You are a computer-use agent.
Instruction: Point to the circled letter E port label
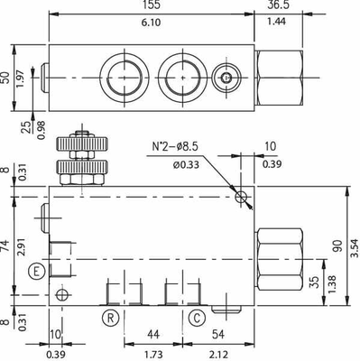coord(35,271)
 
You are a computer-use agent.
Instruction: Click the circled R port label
coord(109,317)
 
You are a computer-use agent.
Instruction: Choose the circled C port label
coord(196,317)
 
